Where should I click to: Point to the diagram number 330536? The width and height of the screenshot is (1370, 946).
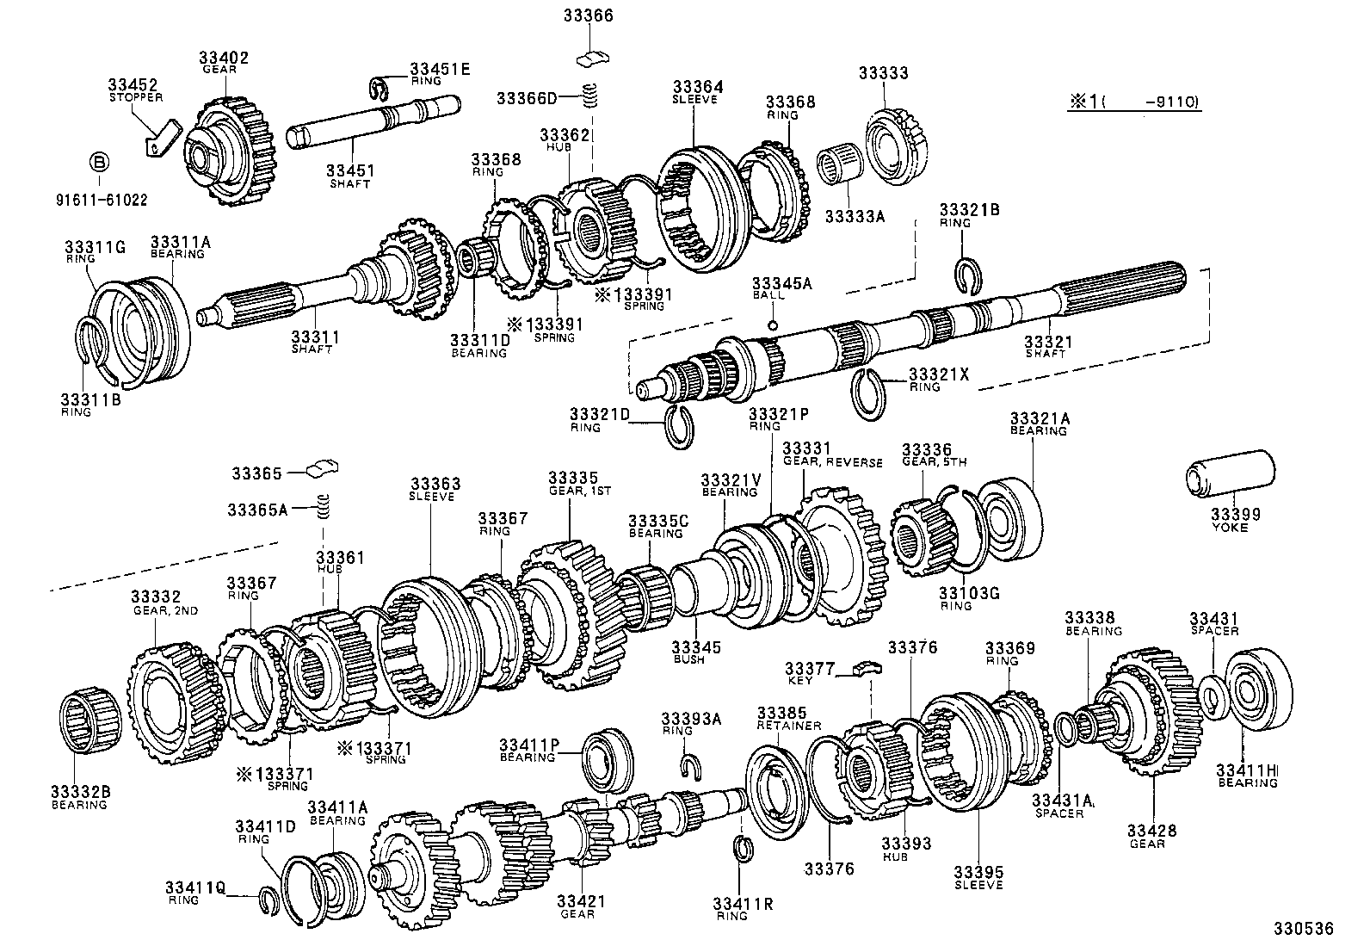[1304, 929]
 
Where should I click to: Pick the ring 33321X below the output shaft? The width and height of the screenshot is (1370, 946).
[869, 392]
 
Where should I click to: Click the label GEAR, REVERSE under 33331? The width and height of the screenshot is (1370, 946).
[832, 462]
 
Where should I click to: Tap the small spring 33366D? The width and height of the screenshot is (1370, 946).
[590, 96]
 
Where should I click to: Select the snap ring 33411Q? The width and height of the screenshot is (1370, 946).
[270, 900]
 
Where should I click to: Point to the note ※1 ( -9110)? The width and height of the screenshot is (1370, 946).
[1134, 102]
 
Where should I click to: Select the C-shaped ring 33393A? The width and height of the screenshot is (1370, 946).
[688, 764]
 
